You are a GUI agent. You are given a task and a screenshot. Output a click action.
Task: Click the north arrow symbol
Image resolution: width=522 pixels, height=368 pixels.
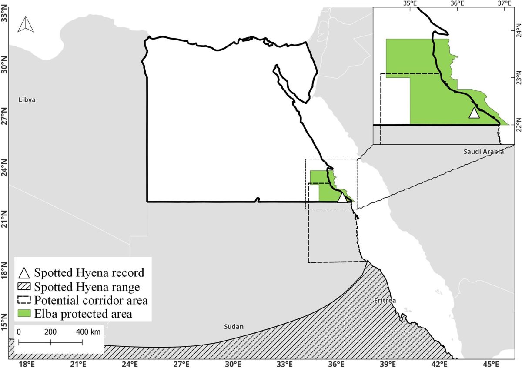(26, 24)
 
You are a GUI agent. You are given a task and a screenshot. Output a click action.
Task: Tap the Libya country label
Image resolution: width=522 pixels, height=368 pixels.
(27, 100)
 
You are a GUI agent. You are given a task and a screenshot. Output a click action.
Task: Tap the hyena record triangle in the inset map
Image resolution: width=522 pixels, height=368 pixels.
(474, 113)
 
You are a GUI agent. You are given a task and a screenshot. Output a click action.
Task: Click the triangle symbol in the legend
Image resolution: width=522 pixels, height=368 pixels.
(24, 273)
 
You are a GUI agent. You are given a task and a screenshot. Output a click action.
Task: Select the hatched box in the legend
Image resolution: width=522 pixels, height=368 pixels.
(24, 287)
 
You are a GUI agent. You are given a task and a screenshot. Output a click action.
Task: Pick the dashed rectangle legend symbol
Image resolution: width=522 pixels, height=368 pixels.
(24, 300)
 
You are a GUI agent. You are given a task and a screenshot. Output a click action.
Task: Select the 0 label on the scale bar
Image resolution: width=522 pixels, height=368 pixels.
(19, 332)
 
